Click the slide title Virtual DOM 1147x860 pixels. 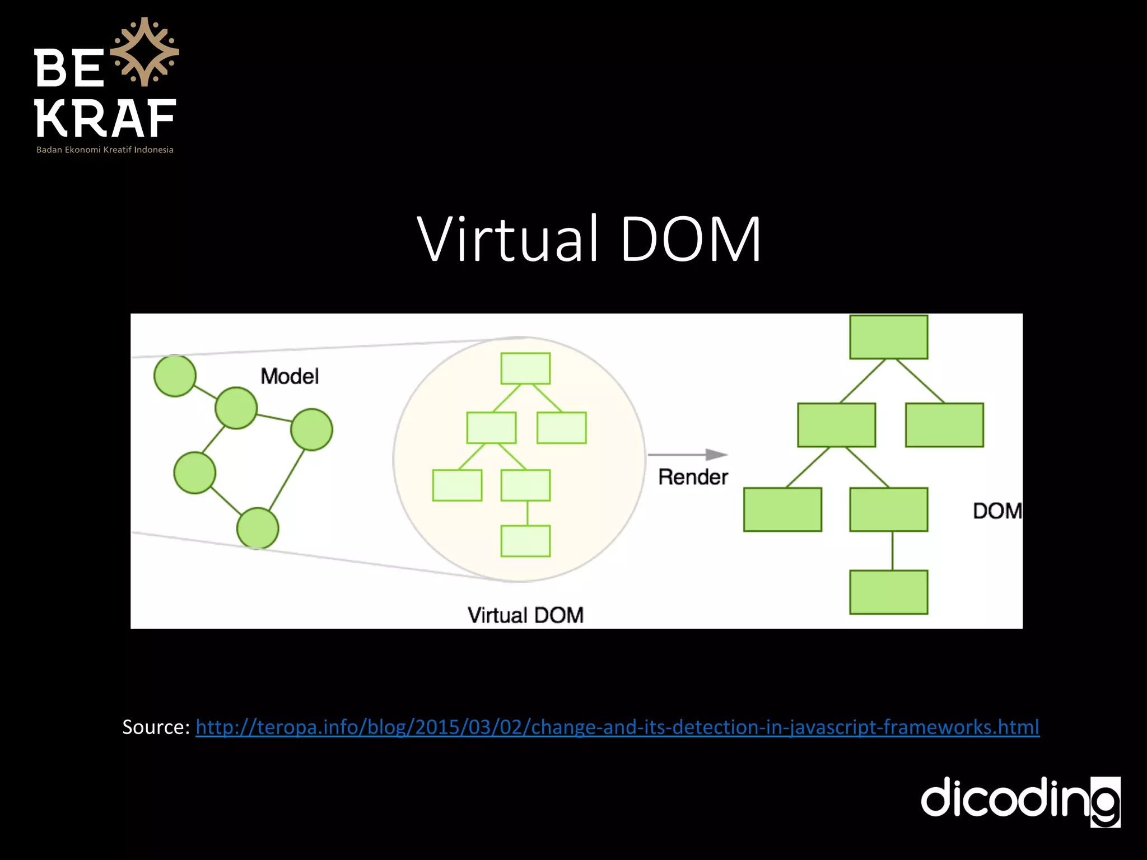coord(589,239)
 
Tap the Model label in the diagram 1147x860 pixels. coord(290,376)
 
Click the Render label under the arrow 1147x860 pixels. coord(693,477)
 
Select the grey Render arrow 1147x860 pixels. coord(688,455)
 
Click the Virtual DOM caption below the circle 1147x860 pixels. coord(525,615)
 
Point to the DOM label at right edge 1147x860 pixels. coord(997,511)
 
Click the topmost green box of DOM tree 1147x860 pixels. coord(888,337)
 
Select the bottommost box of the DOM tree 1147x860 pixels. coord(888,592)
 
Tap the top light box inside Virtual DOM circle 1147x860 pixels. coord(525,368)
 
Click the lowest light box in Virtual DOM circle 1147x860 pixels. coord(525,541)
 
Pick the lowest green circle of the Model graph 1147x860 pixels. coord(258,528)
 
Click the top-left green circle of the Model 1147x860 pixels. coord(175,376)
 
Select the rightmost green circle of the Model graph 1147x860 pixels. coord(311,429)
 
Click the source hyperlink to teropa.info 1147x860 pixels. coord(617,727)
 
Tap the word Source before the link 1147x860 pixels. coord(155,727)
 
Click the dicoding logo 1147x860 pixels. coord(1020,801)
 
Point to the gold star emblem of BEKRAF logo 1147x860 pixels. coord(144,52)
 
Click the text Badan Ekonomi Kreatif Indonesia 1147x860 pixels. coord(105,149)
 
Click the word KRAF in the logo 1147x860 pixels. coord(105,119)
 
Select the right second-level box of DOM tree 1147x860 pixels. coord(944,425)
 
